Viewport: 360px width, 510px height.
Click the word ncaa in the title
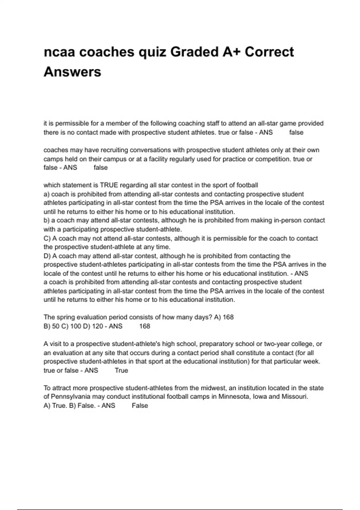click(x=59, y=52)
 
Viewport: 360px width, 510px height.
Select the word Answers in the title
click(x=72, y=72)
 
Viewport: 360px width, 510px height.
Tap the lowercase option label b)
click(x=46, y=220)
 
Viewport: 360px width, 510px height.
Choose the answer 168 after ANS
click(x=145, y=326)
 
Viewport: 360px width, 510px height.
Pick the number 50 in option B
click(x=55, y=326)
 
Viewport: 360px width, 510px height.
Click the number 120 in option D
click(x=97, y=326)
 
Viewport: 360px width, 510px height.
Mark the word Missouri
click(x=294, y=397)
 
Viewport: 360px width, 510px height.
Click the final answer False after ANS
click(x=140, y=406)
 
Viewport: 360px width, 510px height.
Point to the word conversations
click(x=152, y=150)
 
